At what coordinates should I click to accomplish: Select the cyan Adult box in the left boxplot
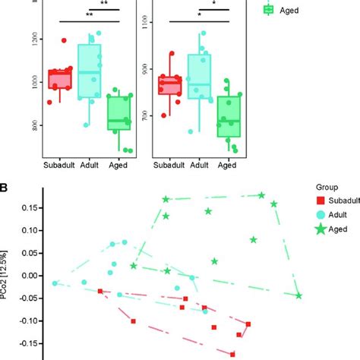[x=90, y=71]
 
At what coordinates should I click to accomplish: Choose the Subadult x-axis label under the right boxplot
[x=170, y=165]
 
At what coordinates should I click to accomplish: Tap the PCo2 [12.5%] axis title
[x=8, y=274]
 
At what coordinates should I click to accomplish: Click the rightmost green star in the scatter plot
[x=299, y=295]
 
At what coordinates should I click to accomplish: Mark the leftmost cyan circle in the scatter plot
[x=55, y=283]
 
